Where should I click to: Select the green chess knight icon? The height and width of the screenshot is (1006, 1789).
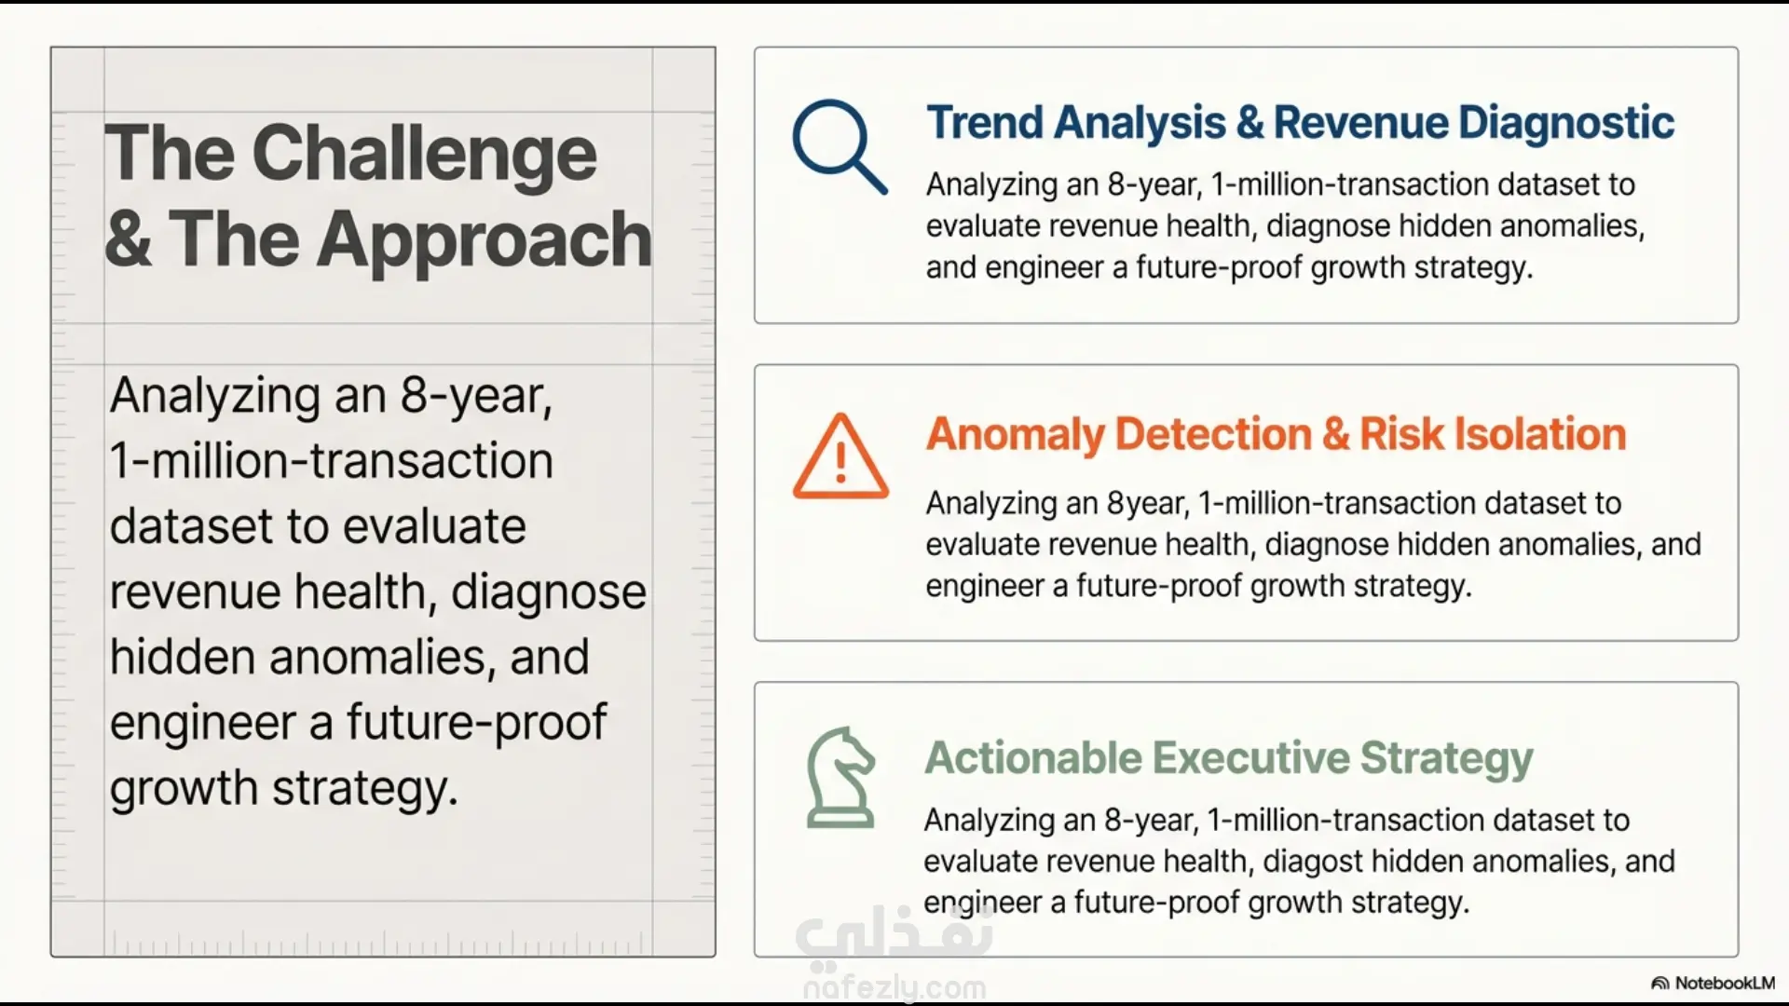coord(840,778)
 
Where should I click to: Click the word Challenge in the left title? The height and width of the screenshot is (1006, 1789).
coord(424,156)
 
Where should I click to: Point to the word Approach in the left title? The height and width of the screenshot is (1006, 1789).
coord(485,239)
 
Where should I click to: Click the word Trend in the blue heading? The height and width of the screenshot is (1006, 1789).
coord(983,123)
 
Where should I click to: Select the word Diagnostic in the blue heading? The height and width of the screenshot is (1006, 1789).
coord(1566,124)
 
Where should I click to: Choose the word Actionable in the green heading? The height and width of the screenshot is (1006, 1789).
coord(1032,757)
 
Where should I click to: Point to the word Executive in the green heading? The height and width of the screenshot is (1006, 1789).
coord(1251,757)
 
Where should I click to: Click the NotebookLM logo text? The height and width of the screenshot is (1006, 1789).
coord(1725,984)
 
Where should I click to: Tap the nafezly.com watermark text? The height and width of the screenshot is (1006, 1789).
coord(894,987)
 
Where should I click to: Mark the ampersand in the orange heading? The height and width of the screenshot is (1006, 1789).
coord(1335,435)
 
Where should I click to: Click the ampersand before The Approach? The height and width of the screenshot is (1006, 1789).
coord(129,239)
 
